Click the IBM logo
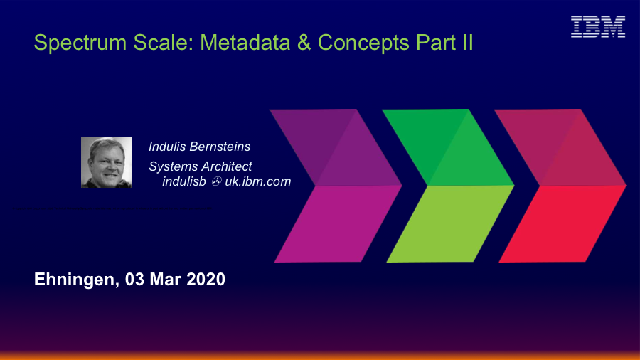point(598,26)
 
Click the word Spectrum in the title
point(80,43)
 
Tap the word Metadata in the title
point(245,42)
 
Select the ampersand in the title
point(304,42)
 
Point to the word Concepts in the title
point(363,43)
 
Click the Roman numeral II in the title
point(468,42)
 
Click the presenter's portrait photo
point(107,162)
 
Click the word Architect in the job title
point(227,166)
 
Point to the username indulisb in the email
point(184,181)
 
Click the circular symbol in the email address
point(216,181)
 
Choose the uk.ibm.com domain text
point(258,181)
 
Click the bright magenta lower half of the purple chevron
point(338,223)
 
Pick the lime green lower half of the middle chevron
point(450,223)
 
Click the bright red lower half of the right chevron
point(562,223)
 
